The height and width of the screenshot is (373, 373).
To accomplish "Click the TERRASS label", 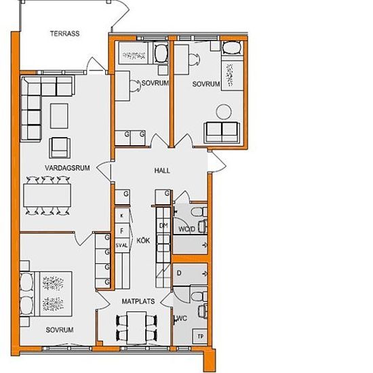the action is point(64,33).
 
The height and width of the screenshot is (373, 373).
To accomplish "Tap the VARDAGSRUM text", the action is point(67,168).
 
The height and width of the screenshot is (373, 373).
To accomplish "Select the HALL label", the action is point(162,170).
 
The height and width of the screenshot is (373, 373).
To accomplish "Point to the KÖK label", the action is point(143,241).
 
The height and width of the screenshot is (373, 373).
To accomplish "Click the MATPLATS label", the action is point(138,301).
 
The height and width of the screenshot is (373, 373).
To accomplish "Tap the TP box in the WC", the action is point(200,336).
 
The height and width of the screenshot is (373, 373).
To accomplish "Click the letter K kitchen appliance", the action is point(122,216).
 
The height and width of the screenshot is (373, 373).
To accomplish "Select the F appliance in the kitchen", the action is point(122,231).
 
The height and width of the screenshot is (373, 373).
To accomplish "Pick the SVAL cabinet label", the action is point(122,246).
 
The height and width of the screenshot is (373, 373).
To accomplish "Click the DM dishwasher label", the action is point(163,226).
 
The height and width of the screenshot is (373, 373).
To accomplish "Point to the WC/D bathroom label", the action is point(186,229).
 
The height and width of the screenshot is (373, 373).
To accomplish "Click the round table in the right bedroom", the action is point(224,112).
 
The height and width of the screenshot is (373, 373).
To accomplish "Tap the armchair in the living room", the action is point(60,147).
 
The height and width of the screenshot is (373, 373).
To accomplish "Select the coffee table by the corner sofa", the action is point(59,116).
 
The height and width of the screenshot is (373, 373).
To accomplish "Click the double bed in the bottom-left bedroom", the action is point(46,294).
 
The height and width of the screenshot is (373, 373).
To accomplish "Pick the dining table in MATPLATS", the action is point(136,328).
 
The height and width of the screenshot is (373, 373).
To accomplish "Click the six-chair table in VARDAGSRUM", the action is point(47,195).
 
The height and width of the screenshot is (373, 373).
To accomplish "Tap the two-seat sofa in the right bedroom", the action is point(222,132).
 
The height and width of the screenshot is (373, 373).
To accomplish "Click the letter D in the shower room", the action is point(179,273).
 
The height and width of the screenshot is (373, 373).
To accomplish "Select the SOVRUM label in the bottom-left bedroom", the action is point(60,330).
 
